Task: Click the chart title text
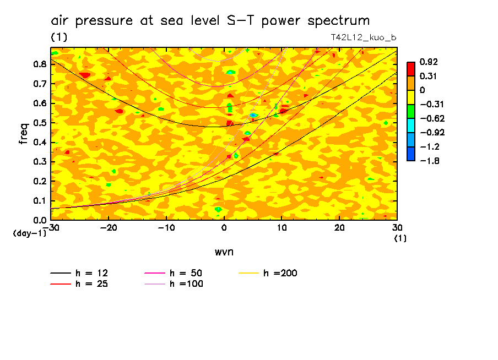coord(210,21)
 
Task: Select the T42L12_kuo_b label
coord(363,37)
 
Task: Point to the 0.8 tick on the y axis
coord(40,64)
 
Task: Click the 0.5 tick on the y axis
coord(40,123)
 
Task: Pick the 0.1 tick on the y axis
coord(40,201)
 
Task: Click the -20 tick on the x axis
coord(109,228)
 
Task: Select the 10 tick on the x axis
coord(282,228)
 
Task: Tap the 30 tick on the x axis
coord(397,228)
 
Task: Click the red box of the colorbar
coord(411,69)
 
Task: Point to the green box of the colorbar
coord(411,111)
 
